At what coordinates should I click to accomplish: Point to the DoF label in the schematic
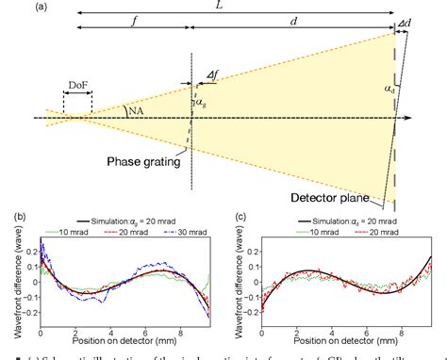pos(77,84)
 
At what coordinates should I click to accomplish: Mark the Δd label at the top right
pos(406,22)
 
